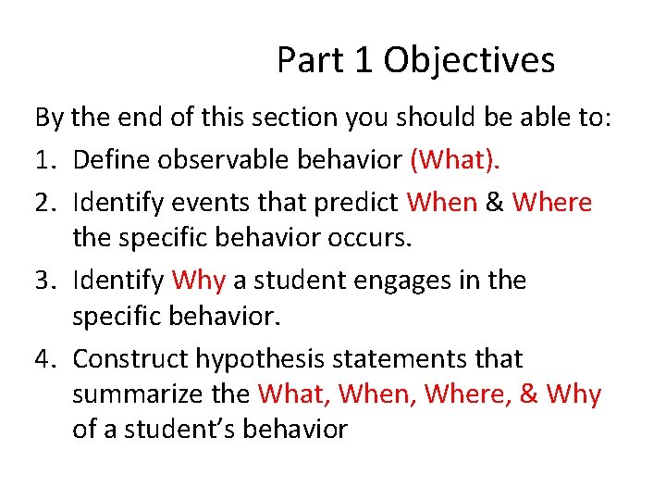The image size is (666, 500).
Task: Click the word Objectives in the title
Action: point(469,61)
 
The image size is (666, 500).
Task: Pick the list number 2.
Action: point(45,201)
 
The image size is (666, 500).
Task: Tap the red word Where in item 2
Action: point(551,201)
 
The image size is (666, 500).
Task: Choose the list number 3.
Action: point(45,280)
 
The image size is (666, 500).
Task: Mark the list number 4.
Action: point(45,357)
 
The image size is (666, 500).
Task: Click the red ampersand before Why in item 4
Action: point(529,395)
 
